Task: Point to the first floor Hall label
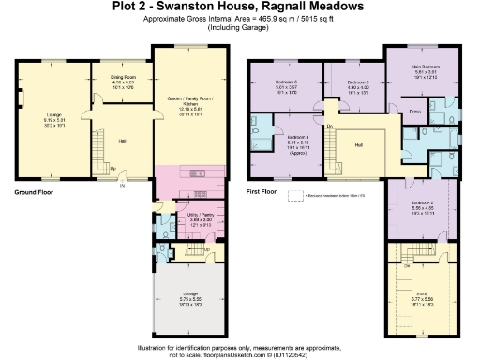tap(358, 145)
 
